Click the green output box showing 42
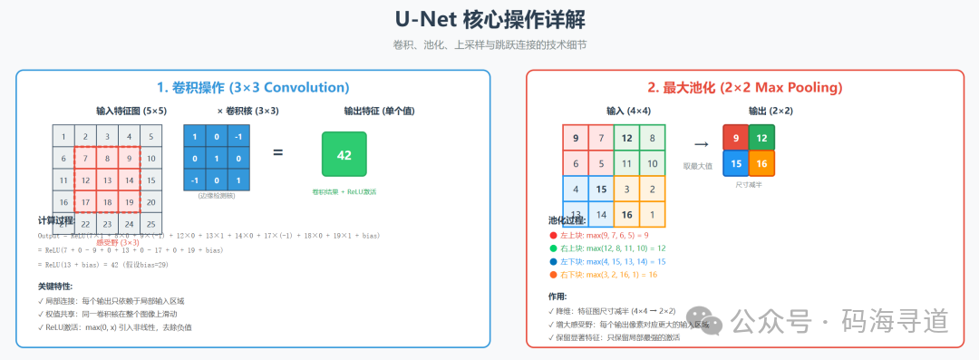pyautogui.click(x=344, y=154)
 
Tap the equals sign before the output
pyautogui.click(x=278, y=152)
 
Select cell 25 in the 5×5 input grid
pyautogui.click(x=152, y=224)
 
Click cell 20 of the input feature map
pyautogui.click(x=152, y=202)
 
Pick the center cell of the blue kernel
pyautogui.click(x=217, y=158)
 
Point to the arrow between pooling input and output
pyautogui.click(x=701, y=144)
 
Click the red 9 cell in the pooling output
pyautogui.click(x=736, y=138)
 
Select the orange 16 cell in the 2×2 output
pyautogui.click(x=761, y=163)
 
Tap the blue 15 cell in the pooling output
pyautogui.click(x=736, y=163)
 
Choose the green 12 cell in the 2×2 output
pyautogui.click(x=761, y=138)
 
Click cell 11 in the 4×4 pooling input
pyautogui.click(x=626, y=164)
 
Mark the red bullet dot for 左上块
pyautogui.click(x=554, y=236)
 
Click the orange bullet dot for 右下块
pyautogui.click(x=554, y=273)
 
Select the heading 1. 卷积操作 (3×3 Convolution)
pyautogui.click(x=253, y=87)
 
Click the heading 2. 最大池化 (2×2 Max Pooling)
pyautogui.click(x=744, y=87)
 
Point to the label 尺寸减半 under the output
pyautogui.click(x=749, y=184)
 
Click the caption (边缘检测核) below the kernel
pyautogui.click(x=217, y=196)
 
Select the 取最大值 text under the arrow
pyautogui.click(x=697, y=166)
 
